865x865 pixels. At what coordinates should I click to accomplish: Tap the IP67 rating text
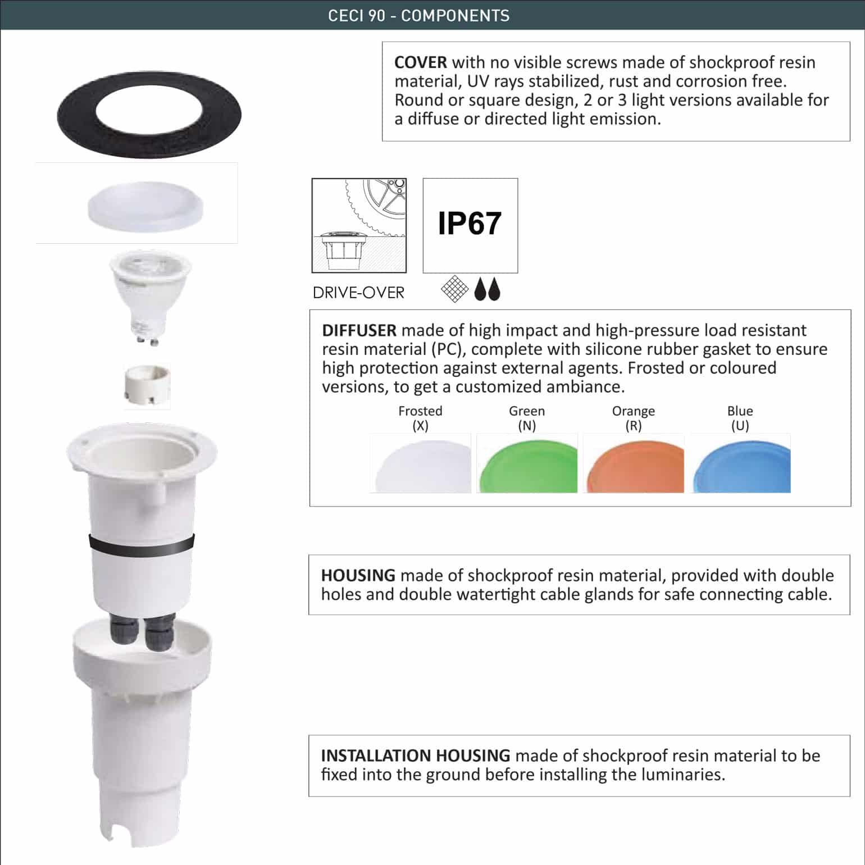click(470, 224)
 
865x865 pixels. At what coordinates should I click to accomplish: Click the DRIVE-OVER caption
click(358, 293)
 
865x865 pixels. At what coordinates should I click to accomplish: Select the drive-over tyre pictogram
click(359, 225)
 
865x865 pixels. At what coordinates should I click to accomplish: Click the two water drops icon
click(486, 290)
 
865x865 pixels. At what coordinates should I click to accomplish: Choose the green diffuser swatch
click(527, 464)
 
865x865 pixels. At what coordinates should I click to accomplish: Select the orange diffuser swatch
click(634, 464)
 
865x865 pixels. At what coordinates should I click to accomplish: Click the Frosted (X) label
click(420, 418)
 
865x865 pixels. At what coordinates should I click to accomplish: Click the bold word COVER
click(420, 62)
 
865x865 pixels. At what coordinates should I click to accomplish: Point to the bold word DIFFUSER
click(359, 330)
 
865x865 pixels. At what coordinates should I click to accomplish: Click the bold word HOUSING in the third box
click(358, 575)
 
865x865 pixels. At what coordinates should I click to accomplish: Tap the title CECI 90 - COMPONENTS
click(418, 15)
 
